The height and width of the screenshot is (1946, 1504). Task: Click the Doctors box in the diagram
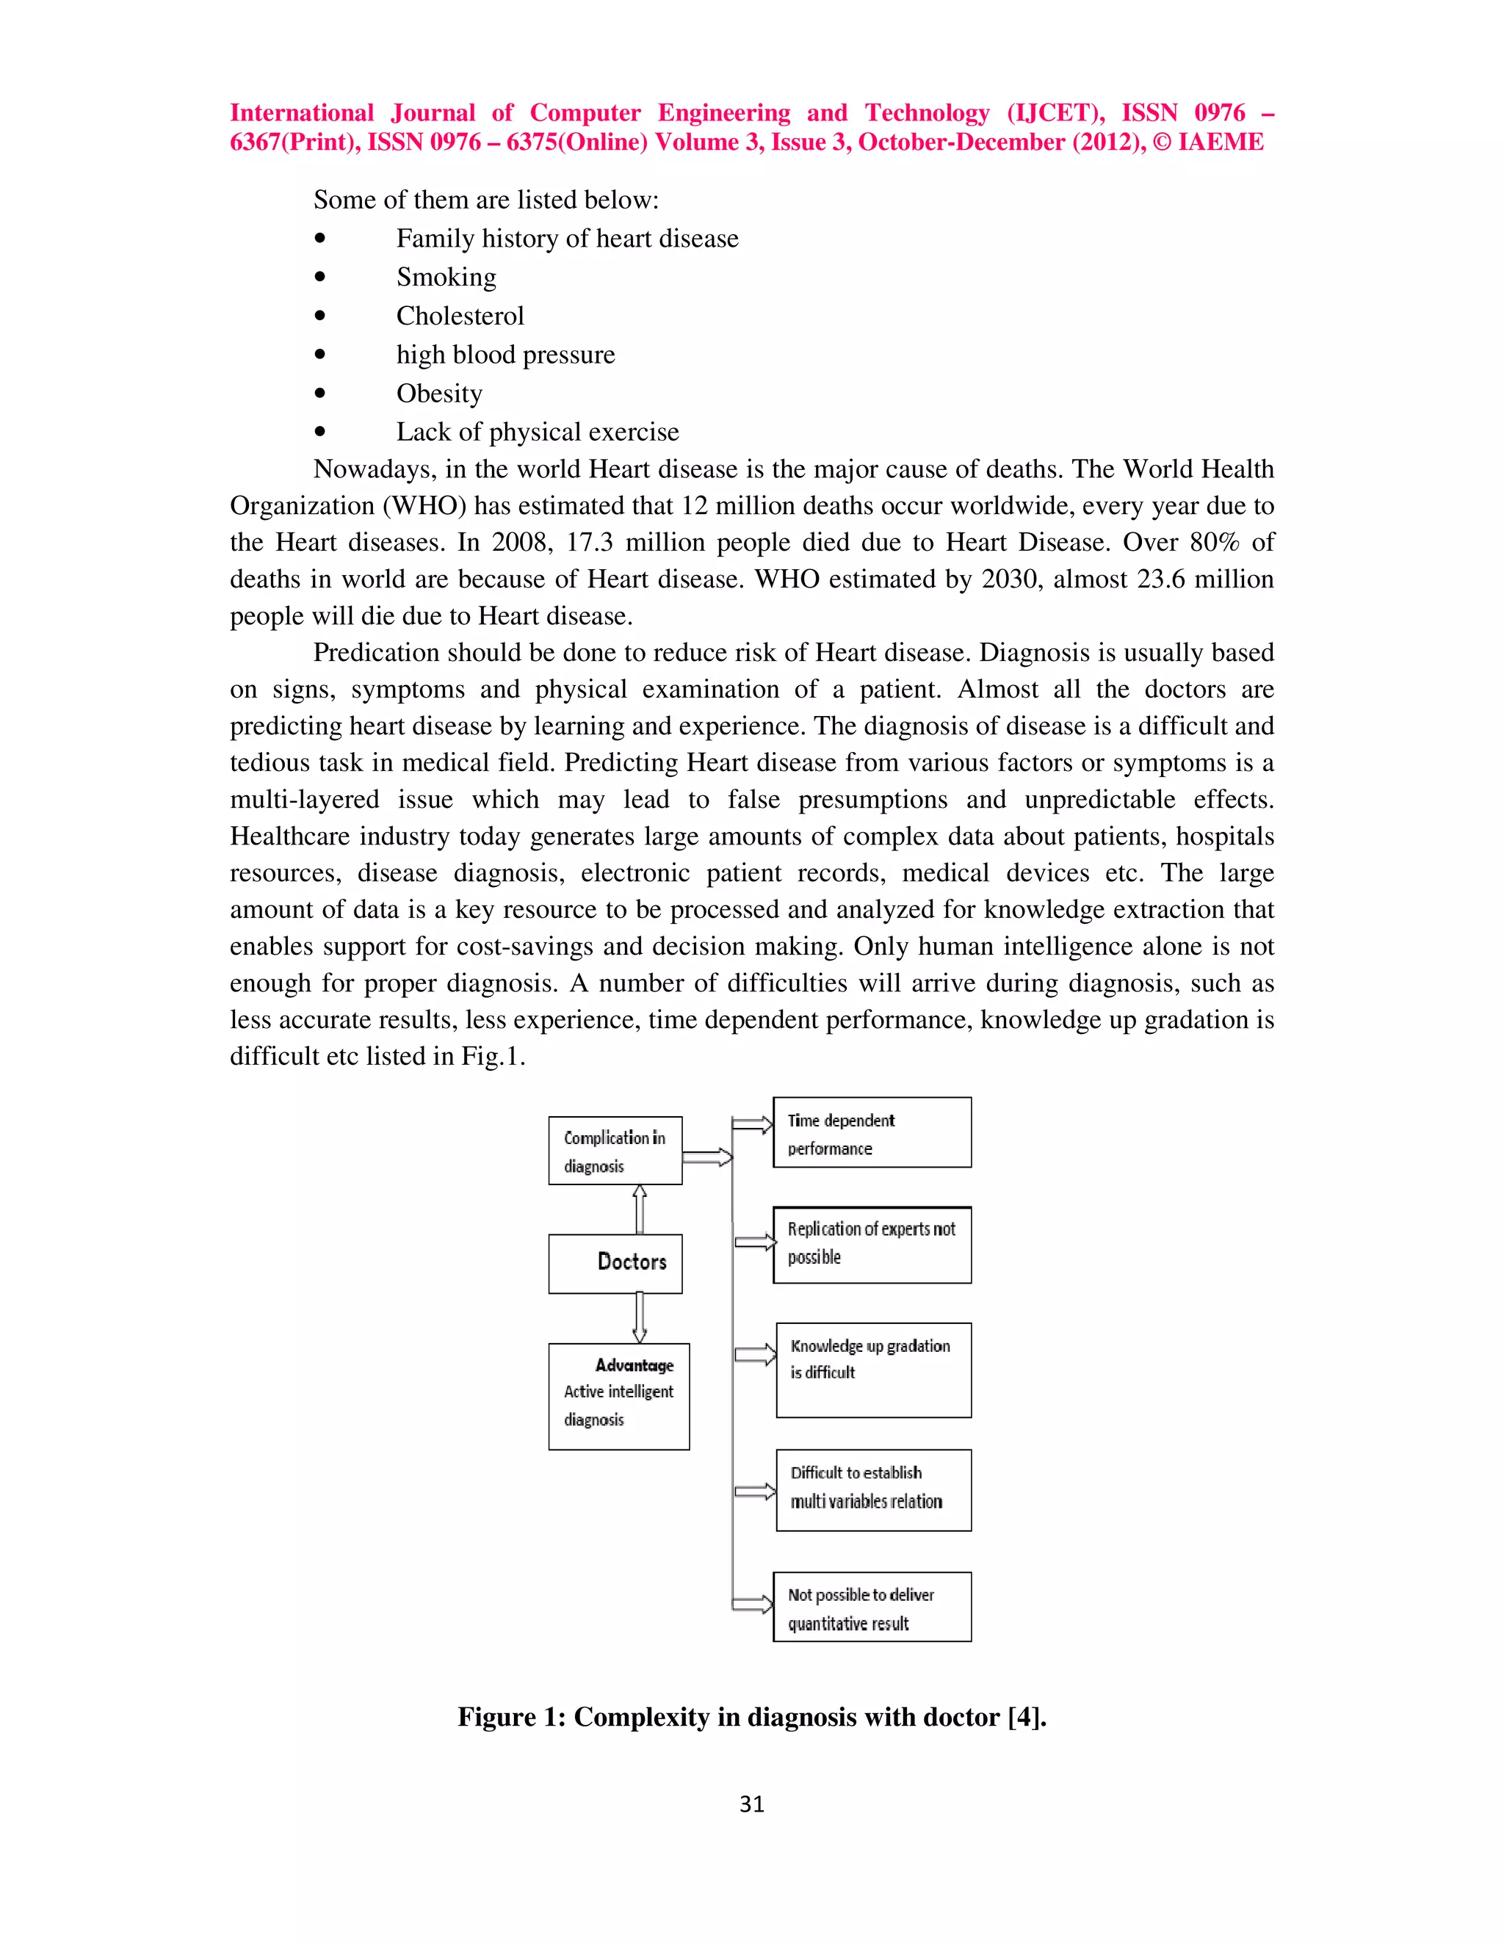point(615,1262)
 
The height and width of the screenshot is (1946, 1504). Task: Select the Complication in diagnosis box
point(615,1150)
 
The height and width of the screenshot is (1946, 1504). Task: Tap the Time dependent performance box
point(872,1132)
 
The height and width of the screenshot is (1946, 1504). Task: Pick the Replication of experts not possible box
point(872,1245)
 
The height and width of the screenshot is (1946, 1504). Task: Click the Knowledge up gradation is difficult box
point(873,1370)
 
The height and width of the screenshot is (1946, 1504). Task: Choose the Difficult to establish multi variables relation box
point(873,1490)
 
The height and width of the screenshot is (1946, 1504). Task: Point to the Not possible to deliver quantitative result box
point(872,1607)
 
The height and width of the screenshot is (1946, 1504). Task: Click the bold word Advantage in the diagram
point(634,1365)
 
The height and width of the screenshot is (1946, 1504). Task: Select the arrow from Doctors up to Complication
point(639,1209)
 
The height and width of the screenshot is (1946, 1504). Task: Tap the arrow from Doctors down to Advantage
point(639,1317)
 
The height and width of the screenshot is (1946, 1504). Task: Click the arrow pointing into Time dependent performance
point(752,1124)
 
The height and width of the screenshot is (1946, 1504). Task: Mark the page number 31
point(751,1804)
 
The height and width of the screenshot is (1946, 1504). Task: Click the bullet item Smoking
point(446,277)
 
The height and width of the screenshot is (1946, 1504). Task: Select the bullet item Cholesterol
point(460,316)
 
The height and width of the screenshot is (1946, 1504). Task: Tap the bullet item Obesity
point(439,393)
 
